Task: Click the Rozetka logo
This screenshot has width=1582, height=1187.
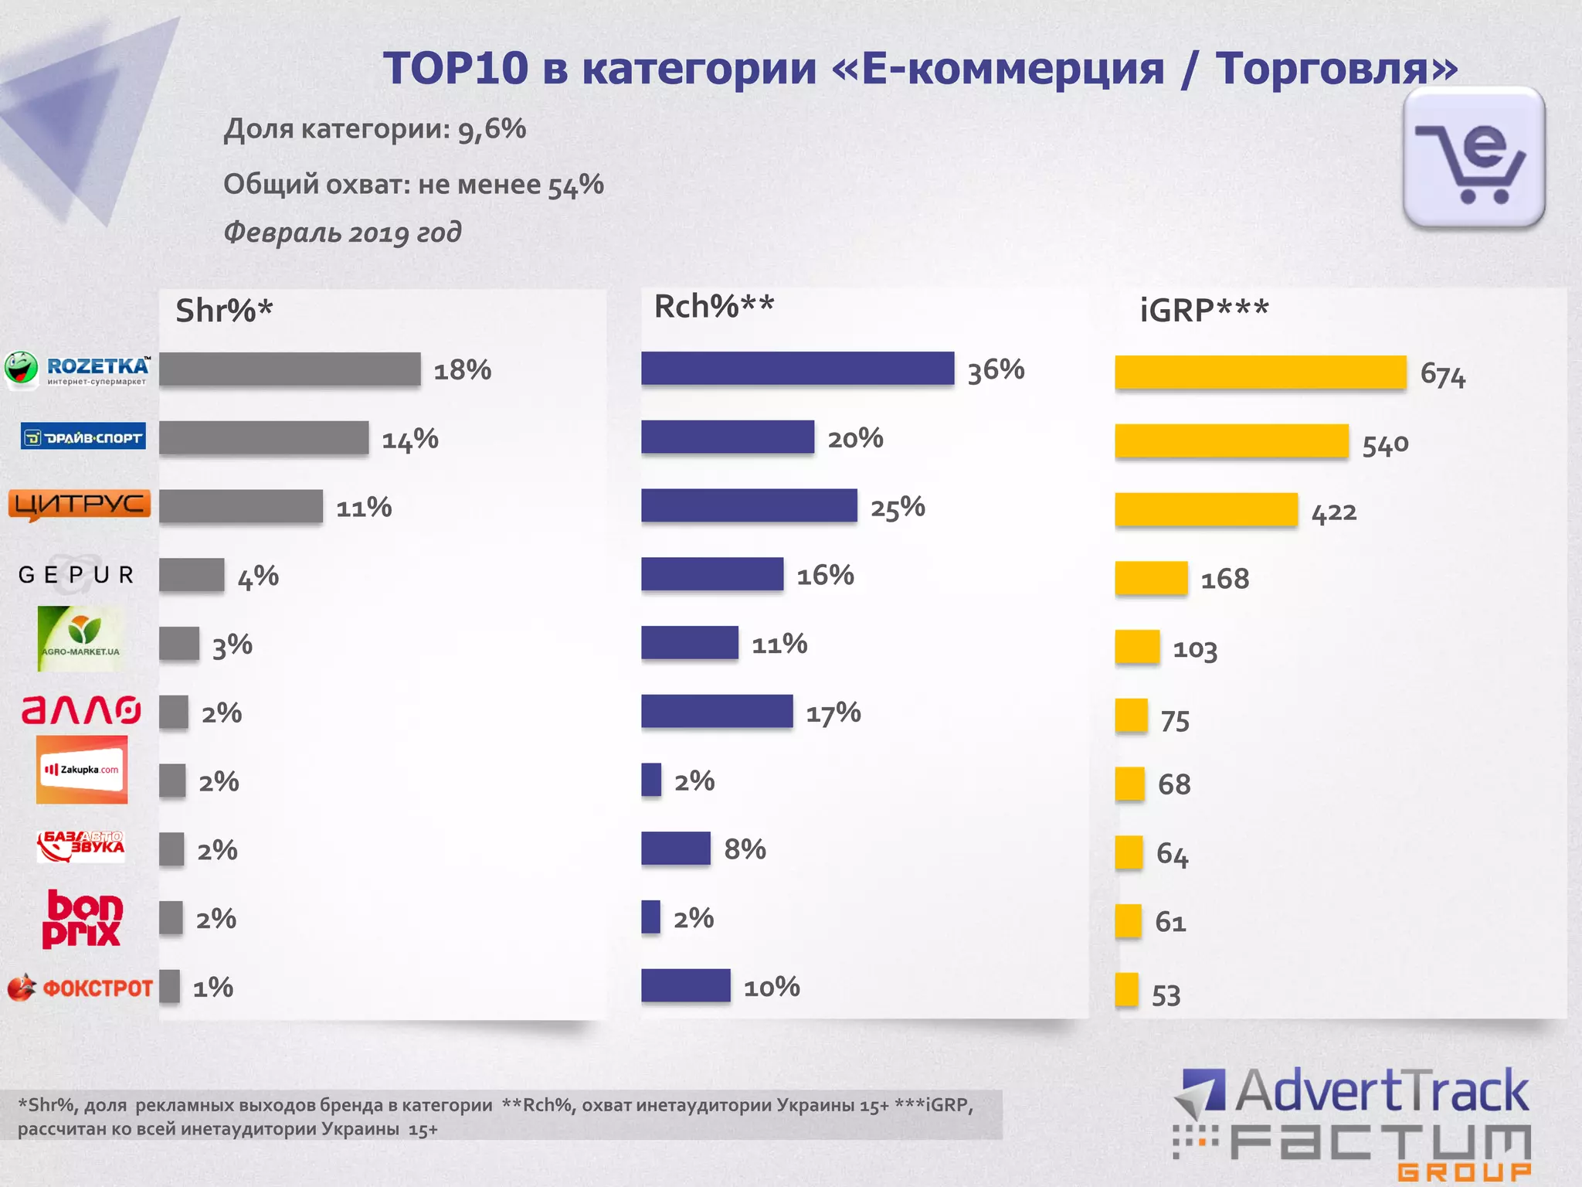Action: [77, 369]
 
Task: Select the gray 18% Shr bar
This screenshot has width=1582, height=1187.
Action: [290, 369]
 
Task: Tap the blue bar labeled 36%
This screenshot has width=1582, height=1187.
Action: [797, 369]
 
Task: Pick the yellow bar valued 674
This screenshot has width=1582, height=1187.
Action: [1260, 372]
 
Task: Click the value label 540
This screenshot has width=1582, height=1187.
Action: [1385, 445]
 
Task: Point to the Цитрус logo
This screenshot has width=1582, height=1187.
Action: [79, 505]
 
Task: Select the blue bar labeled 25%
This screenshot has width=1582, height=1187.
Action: [749, 505]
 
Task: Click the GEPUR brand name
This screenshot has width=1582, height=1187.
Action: [76, 575]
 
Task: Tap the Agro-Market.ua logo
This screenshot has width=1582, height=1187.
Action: [80, 638]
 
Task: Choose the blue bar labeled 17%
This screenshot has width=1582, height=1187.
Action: [716, 711]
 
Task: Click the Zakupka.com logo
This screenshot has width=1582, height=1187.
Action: [82, 770]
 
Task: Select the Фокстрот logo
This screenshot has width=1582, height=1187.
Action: [80, 988]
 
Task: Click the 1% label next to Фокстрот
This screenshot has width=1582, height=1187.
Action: [212, 988]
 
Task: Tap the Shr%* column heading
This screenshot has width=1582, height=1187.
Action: [224, 311]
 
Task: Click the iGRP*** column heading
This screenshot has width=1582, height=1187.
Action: [1203, 311]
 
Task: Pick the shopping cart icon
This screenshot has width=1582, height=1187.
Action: [1473, 158]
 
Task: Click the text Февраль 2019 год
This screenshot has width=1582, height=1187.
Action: [342, 232]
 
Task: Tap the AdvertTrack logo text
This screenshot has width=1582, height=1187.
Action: [1381, 1091]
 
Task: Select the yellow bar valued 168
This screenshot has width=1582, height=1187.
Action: [1151, 578]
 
